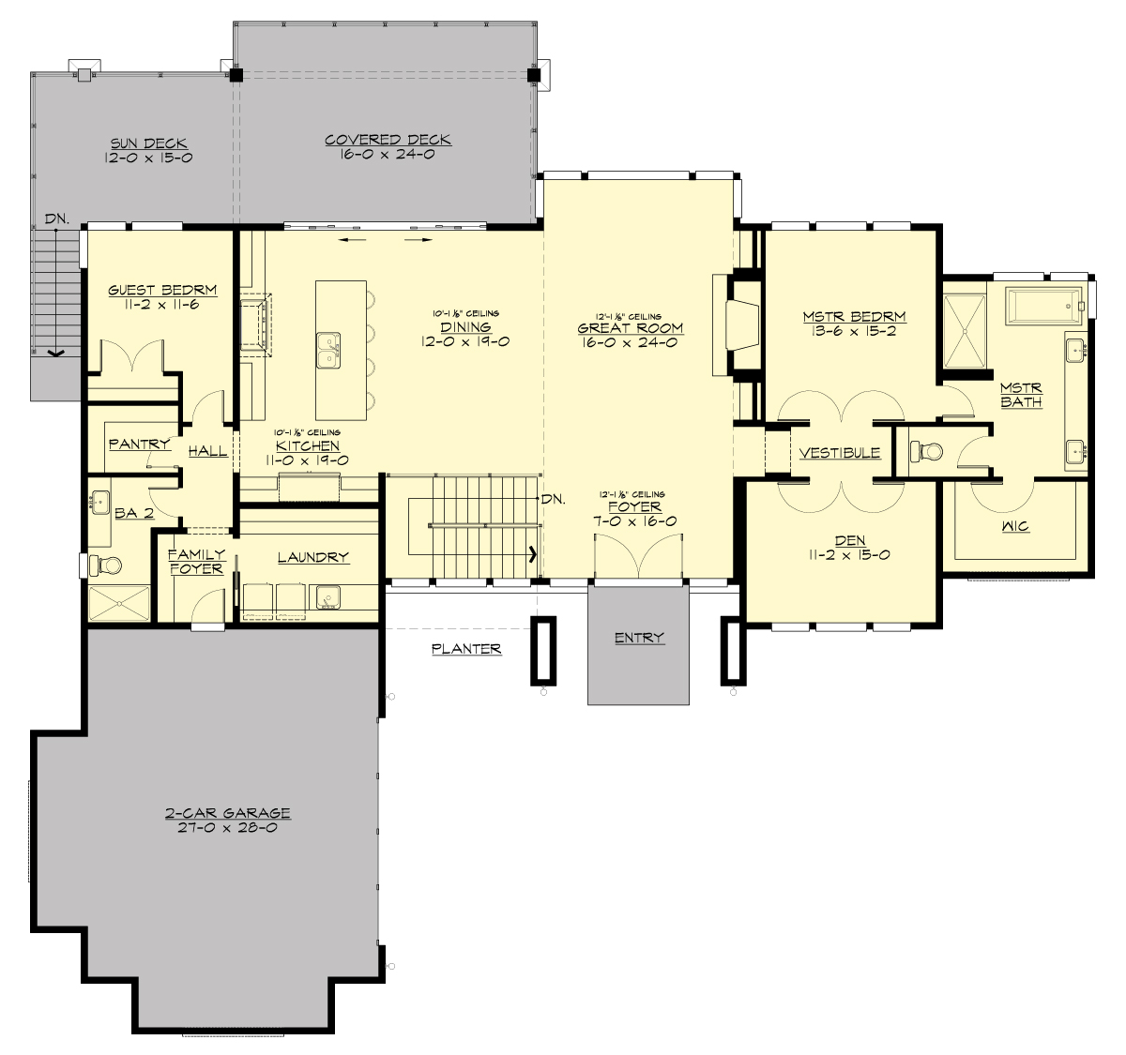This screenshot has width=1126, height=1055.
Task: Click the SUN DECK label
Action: [x=149, y=143]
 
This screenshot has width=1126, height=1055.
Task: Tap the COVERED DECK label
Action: [x=388, y=140]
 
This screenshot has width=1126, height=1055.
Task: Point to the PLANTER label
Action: [x=465, y=649]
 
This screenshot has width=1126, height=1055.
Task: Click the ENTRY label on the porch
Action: [x=639, y=638]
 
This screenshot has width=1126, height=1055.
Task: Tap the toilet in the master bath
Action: [x=928, y=451]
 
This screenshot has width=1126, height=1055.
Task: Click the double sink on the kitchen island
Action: [x=328, y=350]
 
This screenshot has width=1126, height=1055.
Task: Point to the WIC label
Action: [x=1015, y=526]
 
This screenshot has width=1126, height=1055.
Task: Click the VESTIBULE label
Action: [x=840, y=453]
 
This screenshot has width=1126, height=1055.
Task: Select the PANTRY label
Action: [x=139, y=444]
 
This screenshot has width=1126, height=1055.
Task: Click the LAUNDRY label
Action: [x=312, y=557]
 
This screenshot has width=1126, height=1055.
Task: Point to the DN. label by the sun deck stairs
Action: [x=56, y=219]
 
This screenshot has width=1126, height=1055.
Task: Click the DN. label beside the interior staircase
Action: [x=552, y=499]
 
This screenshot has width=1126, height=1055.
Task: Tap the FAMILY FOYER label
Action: [x=196, y=562]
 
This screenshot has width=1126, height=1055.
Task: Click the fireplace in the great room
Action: [x=741, y=324]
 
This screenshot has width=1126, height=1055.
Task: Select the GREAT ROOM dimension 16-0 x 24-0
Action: [x=630, y=342]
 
